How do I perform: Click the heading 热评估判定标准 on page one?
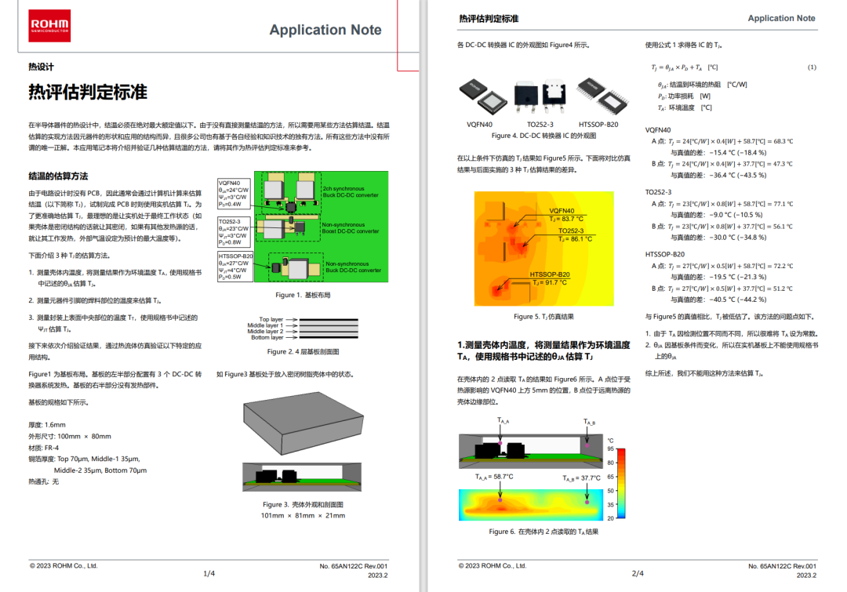[x=88, y=92]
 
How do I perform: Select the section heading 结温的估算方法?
[x=58, y=176]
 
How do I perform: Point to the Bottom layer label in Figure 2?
[x=266, y=337]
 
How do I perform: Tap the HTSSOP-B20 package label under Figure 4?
[x=598, y=125]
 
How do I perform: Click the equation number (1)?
[x=812, y=67]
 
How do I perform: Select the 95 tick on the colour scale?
[x=610, y=449]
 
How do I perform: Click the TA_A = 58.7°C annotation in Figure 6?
[x=494, y=476]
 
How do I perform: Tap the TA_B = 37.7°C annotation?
[x=580, y=478]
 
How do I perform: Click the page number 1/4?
[x=209, y=573]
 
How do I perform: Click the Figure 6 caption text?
[x=543, y=532]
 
